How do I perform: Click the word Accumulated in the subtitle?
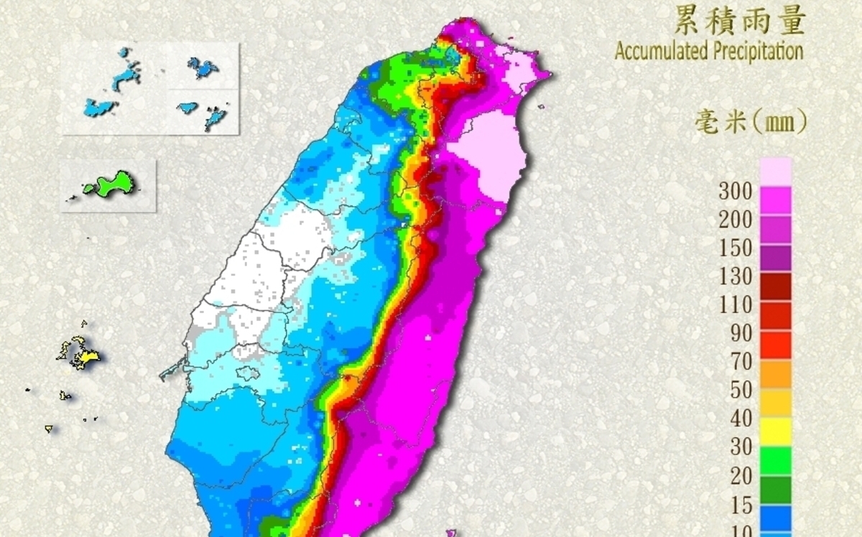click(662, 51)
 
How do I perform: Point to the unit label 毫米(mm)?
click(750, 121)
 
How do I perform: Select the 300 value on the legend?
click(736, 191)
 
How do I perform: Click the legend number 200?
click(736, 220)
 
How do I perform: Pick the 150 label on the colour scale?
click(736, 248)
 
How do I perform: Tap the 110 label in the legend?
click(736, 305)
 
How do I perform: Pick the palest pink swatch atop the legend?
click(774, 171)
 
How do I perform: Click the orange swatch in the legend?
click(774, 373)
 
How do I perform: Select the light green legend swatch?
click(774, 460)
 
